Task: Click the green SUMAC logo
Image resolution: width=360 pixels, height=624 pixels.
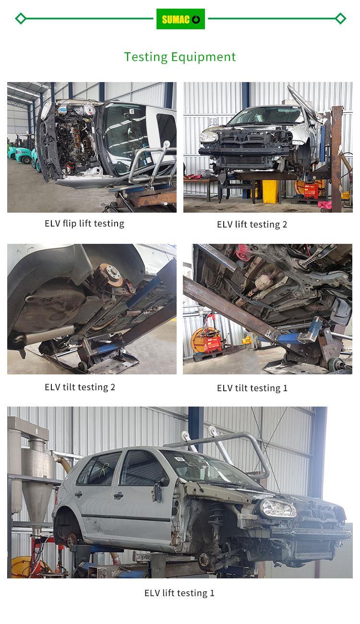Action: point(180,19)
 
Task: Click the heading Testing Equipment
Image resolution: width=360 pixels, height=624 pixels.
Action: point(180,57)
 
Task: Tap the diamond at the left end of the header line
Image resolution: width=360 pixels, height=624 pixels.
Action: point(21,19)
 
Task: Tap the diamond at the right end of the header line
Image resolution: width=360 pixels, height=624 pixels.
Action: point(340,19)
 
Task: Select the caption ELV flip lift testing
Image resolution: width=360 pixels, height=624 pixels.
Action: point(84,224)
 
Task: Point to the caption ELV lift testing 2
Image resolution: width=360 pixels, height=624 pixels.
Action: point(252,225)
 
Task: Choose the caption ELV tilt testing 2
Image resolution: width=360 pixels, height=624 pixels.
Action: point(80,387)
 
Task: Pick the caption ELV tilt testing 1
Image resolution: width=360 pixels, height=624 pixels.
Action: point(252,388)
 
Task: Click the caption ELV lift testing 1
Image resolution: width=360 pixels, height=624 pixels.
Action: point(180,593)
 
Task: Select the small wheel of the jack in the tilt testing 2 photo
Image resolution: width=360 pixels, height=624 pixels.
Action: point(83,366)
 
